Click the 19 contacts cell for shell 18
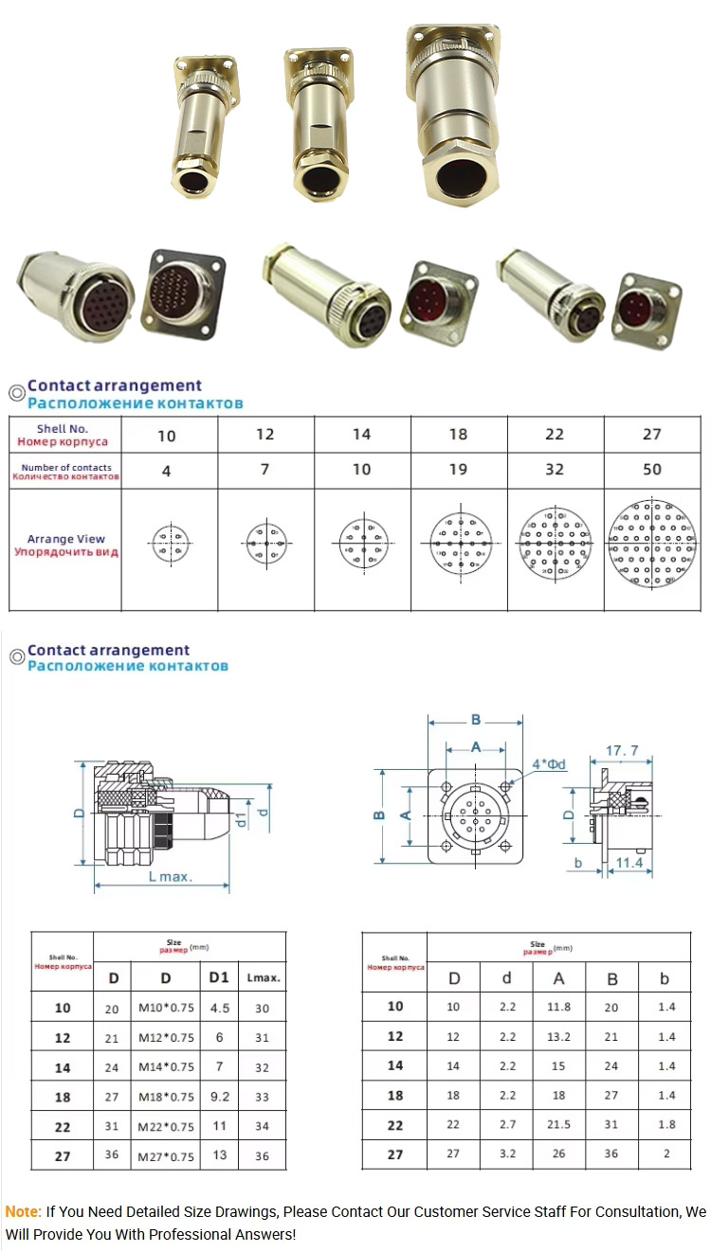pos(459,470)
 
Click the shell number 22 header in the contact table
pos(555,435)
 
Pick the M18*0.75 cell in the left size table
pos(166,1097)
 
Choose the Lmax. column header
pos(262,977)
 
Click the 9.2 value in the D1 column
pos(219,1097)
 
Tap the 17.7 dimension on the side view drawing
pos(622,751)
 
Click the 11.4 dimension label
pos(629,863)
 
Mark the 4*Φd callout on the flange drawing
pos(549,764)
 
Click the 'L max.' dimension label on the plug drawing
pos(171,877)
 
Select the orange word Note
pos(23,1211)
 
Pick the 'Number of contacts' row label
pos(66,472)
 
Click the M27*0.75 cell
pos(166,1155)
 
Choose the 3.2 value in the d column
pos(507,1154)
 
